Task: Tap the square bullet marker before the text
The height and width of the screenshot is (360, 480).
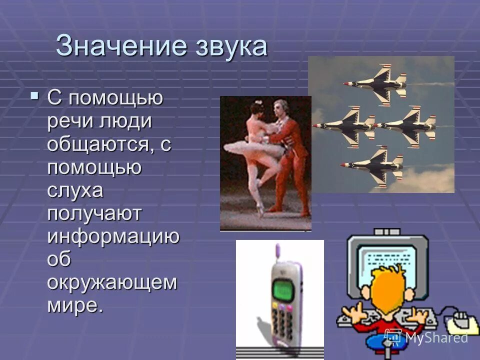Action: pyautogui.click(x=34, y=94)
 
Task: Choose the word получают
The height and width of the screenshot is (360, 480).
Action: pyautogui.click(x=95, y=214)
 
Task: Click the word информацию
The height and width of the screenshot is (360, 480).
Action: pyautogui.click(x=113, y=237)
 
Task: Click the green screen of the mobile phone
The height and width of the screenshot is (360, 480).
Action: pyautogui.click(x=283, y=289)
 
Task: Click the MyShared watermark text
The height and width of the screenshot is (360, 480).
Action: pyautogui.click(x=435, y=337)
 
